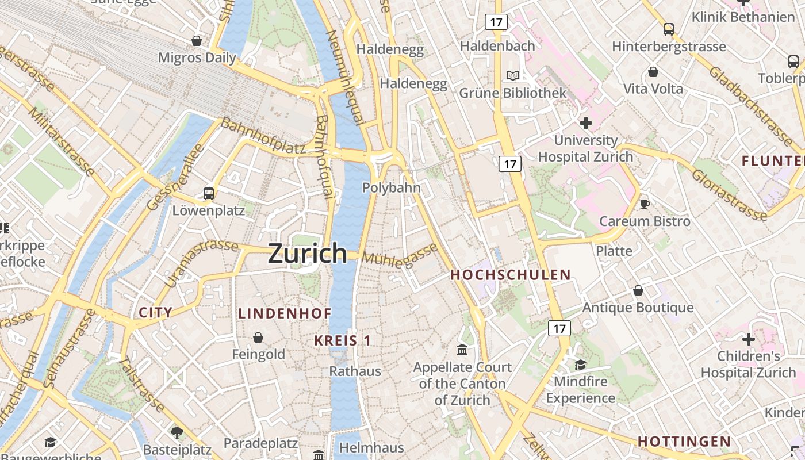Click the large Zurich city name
click(x=308, y=254)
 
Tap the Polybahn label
click(x=392, y=187)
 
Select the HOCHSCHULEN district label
click(x=510, y=275)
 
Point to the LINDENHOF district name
click(x=285, y=313)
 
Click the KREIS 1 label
click(x=343, y=340)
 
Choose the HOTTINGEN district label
click(x=684, y=442)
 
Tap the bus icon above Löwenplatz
click(x=209, y=194)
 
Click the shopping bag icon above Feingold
click(x=258, y=337)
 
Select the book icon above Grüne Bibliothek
click(x=512, y=75)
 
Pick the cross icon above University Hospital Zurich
click(x=585, y=122)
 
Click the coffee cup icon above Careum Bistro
click(x=645, y=204)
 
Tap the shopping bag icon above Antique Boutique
click(x=638, y=290)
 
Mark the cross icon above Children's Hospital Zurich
click(x=748, y=339)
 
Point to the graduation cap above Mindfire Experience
click(x=580, y=365)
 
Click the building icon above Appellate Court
click(x=462, y=350)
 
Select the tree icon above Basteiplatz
click(x=177, y=431)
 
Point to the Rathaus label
click(x=355, y=371)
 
